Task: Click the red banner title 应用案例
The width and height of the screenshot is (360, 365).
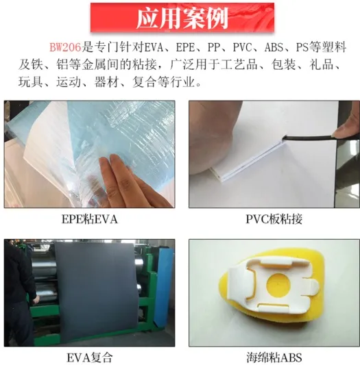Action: click(x=182, y=18)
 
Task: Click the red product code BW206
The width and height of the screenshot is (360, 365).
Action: click(x=65, y=48)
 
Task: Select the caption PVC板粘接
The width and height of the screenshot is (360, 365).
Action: click(x=273, y=219)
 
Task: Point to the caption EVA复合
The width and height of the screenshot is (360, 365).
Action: click(x=90, y=357)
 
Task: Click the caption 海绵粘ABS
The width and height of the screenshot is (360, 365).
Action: click(x=273, y=357)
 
